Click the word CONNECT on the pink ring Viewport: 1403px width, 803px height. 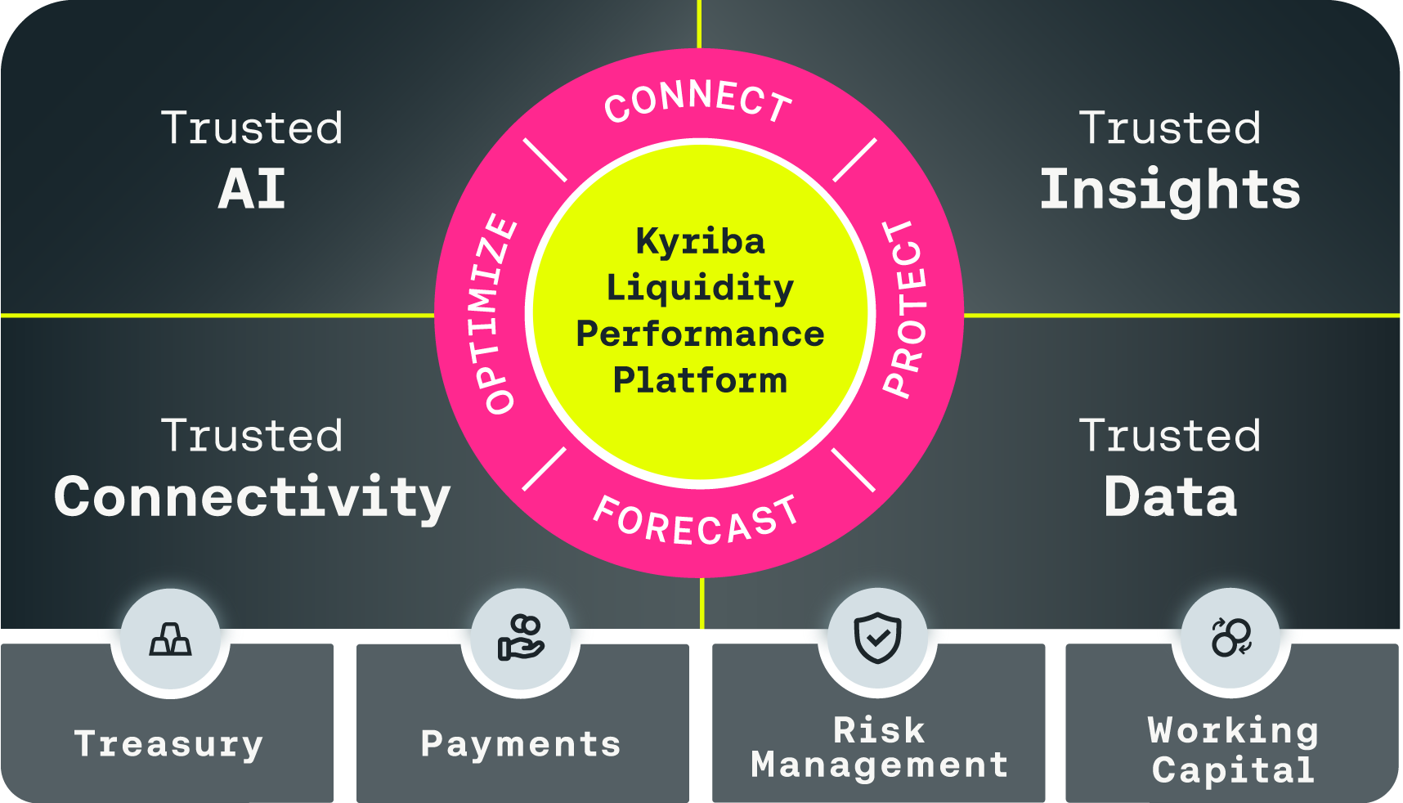pyautogui.click(x=698, y=101)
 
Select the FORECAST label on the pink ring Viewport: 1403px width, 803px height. pyautogui.click(x=696, y=521)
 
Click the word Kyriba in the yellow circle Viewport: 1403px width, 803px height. pyautogui.click(x=701, y=242)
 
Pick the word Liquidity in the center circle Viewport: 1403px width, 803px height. pyautogui.click(x=700, y=288)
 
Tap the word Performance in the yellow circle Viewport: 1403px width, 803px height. pyautogui.click(x=700, y=334)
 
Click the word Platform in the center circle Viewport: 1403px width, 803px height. pyautogui.click(x=700, y=380)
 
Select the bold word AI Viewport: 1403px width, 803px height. pyautogui.click(x=252, y=190)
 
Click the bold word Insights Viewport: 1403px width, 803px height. pyautogui.click(x=1170, y=190)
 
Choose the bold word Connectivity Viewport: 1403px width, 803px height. pyautogui.click(x=252, y=497)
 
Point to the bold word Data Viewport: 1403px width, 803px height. pyautogui.click(x=1170, y=497)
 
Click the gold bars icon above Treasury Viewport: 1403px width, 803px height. pyautogui.click(x=170, y=639)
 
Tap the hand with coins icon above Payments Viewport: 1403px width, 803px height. pyautogui.click(x=521, y=639)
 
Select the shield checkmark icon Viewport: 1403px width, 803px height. pyautogui.click(x=877, y=638)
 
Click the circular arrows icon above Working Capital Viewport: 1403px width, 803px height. pyautogui.click(x=1231, y=637)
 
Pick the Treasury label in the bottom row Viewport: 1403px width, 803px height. pyautogui.click(x=168, y=744)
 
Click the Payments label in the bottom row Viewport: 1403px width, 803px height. pyautogui.click(x=521, y=744)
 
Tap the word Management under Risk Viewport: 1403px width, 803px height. pyautogui.click(x=879, y=765)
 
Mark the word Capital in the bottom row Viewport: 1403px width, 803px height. pyautogui.click(x=1233, y=770)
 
